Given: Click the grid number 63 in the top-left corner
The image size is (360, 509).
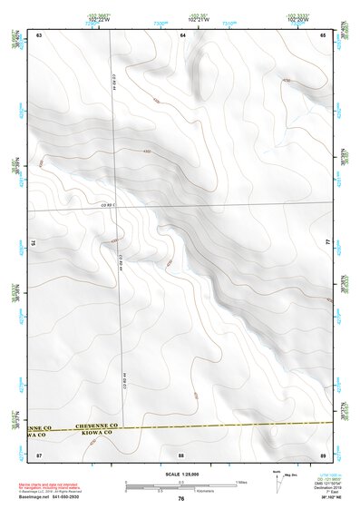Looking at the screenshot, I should [x=39, y=34].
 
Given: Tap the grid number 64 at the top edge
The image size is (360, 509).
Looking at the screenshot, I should [x=182, y=34].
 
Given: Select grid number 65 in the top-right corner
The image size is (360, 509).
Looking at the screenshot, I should [x=323, y=34].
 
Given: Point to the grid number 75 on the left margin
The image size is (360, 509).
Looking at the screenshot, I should [x=34, y=243].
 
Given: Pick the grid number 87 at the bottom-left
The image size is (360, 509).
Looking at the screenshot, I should [x=39, y=454].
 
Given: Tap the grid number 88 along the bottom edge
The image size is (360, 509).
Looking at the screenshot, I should [x=182, y=454].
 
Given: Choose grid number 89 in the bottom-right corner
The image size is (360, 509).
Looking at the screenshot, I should [x=323, y=454].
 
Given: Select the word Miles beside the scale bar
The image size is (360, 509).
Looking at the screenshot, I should [x=240, y=482].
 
